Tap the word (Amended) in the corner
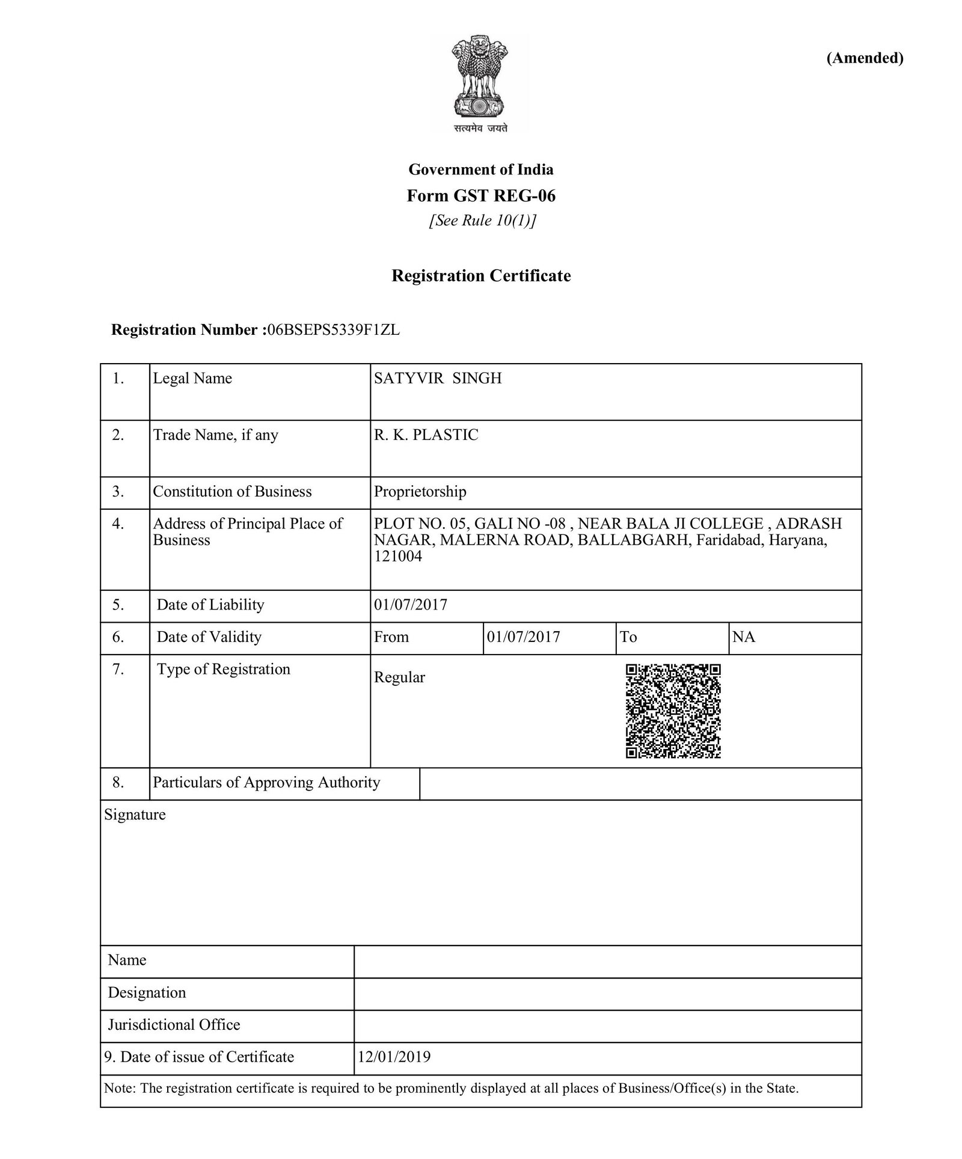(x=865, y=58)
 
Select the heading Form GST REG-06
(x=481, y=196)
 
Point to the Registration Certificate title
(x=481, y=276)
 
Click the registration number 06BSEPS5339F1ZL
(x=334, y=330)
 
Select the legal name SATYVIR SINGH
(x=438, y=378)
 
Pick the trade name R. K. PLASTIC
(x=426, y=435)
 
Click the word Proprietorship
(x=420, y=492)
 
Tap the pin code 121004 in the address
(x=398, y=556)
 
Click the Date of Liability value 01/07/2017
(x=411, y=605)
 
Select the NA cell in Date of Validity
(x=744, y=637)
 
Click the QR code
(x=673, y=711)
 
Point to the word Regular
(x=399, y=677)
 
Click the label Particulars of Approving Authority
(x=266, y=783)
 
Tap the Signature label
(x=135, y=815)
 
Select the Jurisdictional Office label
(x=174, y=1025)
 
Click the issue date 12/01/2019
(x=394, y=1057)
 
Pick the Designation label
(x=147, y=992)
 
